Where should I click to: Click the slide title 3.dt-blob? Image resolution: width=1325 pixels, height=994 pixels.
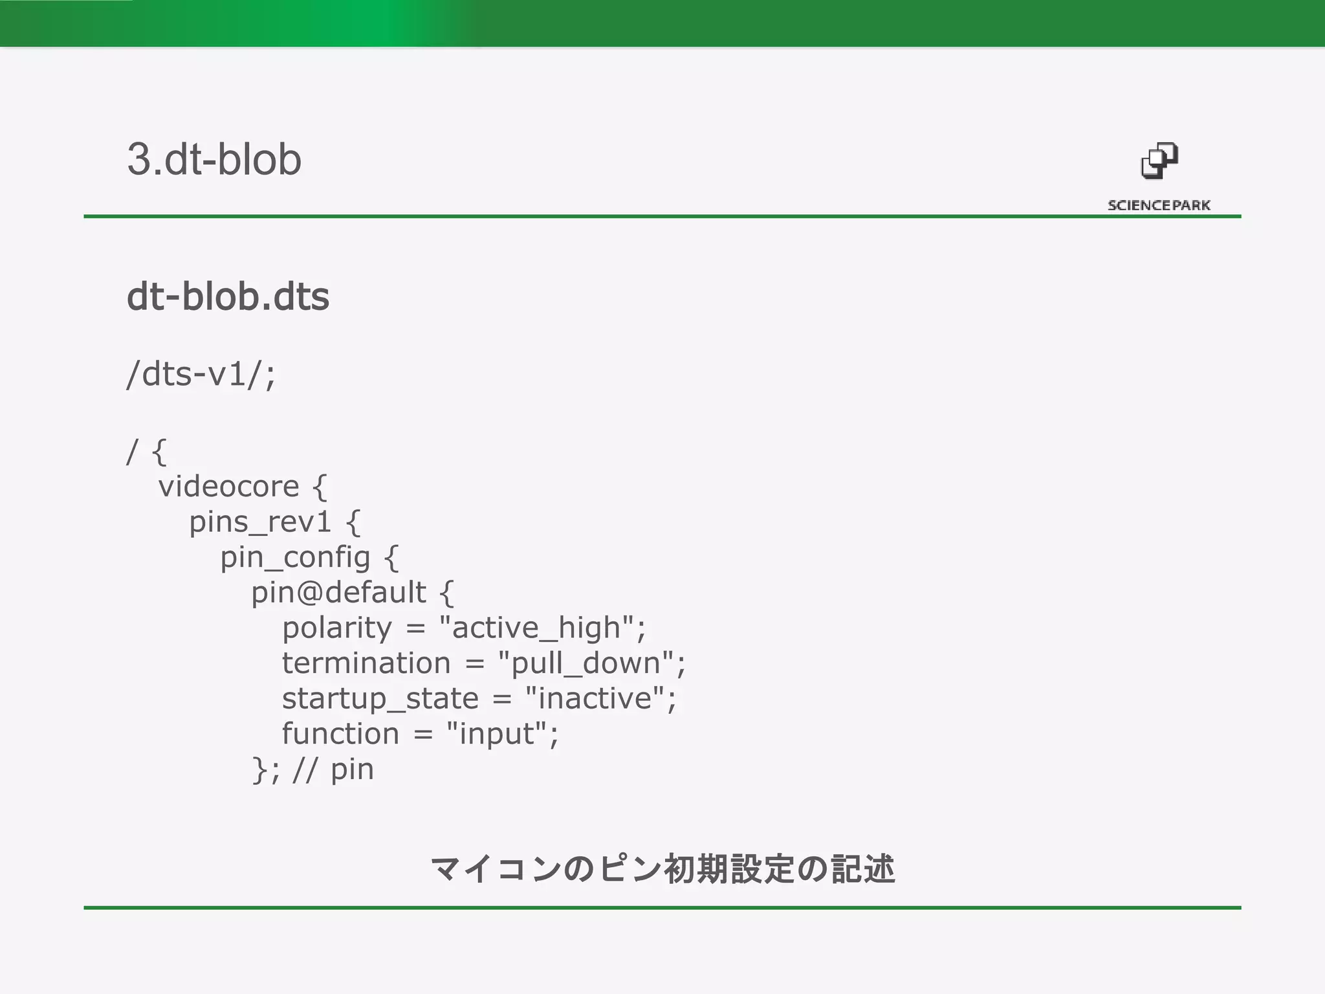tap(214, 159)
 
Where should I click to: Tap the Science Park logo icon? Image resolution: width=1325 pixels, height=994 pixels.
tap(1159, 161)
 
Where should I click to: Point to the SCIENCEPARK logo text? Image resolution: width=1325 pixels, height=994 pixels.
tap(1159, 205)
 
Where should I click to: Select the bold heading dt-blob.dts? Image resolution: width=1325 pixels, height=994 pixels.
tap(228, 296)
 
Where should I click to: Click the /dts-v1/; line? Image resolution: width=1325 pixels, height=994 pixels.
tap(201, 374)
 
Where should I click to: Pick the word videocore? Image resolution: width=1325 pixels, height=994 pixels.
tap(228, 486)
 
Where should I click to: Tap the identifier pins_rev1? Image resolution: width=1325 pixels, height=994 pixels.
tap(260, 522)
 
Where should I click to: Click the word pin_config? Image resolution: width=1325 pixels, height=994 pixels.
tap(295, 557)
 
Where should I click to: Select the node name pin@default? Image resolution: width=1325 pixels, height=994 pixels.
tap(338, 592)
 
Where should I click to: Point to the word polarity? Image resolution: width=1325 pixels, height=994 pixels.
tap(337, 628)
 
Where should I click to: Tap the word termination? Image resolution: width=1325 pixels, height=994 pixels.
tap(366, 663)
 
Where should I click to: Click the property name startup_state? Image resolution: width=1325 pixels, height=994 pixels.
tap(380, 698)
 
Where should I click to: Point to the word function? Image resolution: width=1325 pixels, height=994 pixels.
tap(340, 734)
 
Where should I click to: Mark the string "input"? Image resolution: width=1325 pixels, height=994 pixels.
tap(497, 734)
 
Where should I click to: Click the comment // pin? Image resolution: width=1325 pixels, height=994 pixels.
tap(333, 769)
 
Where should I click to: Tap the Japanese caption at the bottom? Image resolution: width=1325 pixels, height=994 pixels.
tap(662, 868)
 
